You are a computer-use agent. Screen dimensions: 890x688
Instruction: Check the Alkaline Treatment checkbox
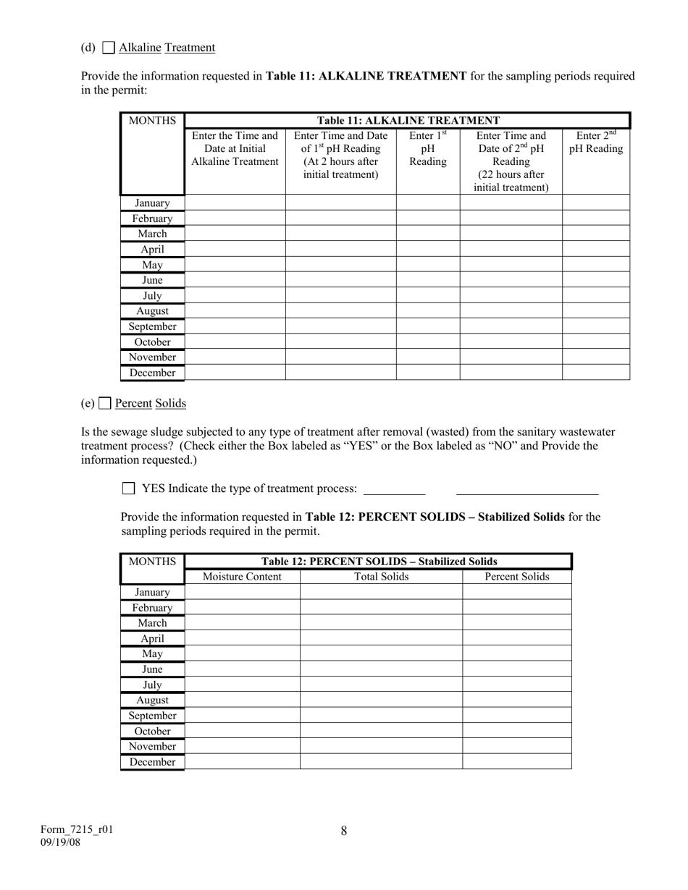click(x=109, y=48)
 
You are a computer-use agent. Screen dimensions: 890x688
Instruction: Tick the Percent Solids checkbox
click(x=105, y=403)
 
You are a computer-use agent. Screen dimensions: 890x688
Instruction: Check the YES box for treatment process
click(x=129, y=488)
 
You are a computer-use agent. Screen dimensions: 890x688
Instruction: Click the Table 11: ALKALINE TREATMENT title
click(x=408, y=120)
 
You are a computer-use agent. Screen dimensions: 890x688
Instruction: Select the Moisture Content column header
click(x=242, y=577)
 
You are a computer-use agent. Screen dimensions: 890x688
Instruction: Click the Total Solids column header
click(x=381, y=577)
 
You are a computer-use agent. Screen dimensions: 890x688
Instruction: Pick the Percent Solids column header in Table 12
click(x=516, y=577)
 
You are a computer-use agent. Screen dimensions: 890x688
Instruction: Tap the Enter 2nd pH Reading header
click(x=595, y=143)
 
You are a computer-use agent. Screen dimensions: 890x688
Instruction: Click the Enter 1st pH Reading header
click(x=427, y=148)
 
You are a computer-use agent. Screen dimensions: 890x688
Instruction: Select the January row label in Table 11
click(x=152, y=203)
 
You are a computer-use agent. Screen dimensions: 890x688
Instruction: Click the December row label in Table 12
click(x=152, y=762)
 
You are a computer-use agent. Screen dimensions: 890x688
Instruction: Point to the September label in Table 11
click(x=152, y=326)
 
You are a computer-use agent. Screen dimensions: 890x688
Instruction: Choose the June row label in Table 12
click(x=152, y=669)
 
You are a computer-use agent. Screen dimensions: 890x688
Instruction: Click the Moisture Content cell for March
click(x=242, y=623)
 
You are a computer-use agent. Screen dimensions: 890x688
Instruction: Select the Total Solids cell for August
click(x=381, y=700)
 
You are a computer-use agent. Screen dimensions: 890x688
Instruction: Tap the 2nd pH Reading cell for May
click(x=595, y=265)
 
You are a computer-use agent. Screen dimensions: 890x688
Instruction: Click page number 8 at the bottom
click(x=344, y=831)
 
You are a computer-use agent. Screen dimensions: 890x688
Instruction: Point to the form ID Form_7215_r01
click(x=76, y=830)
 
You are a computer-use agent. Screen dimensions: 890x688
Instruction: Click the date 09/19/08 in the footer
click(x=61, y=843)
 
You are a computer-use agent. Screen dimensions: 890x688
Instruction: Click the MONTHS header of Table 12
click(x=152, y=561)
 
